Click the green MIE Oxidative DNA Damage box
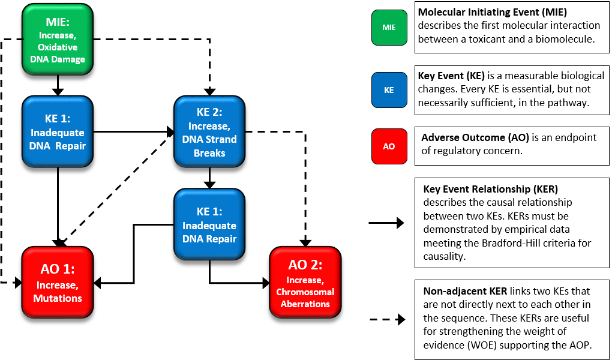click(x=58, y=39)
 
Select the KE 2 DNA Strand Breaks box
click(x=209, y=132)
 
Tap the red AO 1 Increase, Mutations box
click(x=58, y=283)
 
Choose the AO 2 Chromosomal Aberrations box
click(x=305, y=283)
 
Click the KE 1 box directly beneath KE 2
click(x=209, y=224)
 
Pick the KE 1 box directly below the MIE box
click(x=58, y=132)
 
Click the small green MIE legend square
click(x=389, y=28)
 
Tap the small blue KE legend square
click(x=389, y=90)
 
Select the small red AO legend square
click(x=389, y=146)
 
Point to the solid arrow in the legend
click(x=386, y=223)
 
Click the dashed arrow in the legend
click(x=387, y=319)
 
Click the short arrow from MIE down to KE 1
click(x=58, y=85)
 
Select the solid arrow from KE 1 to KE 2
click(x=134, y=132)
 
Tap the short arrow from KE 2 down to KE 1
click(x=209, y=178)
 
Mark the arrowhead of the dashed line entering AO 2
click(x=305, y=242)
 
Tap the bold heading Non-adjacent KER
click(x=465, y=292)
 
